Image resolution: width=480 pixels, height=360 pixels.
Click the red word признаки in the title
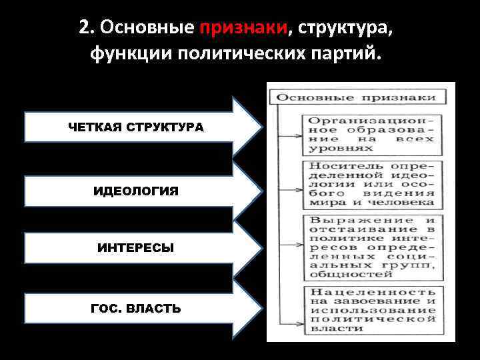click(x=243, y=28)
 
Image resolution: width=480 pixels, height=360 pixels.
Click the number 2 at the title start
click(x=83, y=28)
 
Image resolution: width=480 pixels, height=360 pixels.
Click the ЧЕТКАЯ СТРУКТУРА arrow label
click(x=136, y=127)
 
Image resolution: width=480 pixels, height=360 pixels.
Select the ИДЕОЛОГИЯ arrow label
click(x=136, y=191)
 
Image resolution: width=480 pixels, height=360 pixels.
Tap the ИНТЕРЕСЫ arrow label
click(x=136, y=248)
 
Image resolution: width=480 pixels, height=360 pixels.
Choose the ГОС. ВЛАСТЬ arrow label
click(x=136, y=309)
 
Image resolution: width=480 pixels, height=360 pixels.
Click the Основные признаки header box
click(x=356, y=97)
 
